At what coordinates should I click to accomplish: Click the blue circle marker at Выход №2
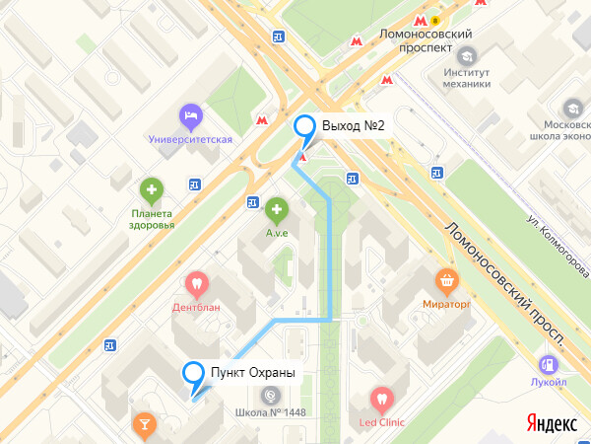click(305, 126)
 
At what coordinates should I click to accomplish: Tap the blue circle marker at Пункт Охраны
click(193, 372)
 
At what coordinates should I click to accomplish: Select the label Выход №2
click(353, 126)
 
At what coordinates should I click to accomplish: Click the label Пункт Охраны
click(253, 372)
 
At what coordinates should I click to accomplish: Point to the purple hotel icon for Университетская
click(190, 117)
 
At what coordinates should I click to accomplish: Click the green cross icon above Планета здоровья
click(151, 188)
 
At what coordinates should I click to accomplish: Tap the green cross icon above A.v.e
click(276, 209)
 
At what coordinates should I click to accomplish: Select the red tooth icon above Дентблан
click(196, 284)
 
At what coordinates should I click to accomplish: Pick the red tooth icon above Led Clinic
click(381, 401)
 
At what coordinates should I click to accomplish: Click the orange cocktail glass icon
click(145, 425)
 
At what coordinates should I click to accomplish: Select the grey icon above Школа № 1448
click(270, 396)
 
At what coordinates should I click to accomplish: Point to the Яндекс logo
click(552, 422)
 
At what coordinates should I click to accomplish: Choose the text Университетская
click(190, 139)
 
